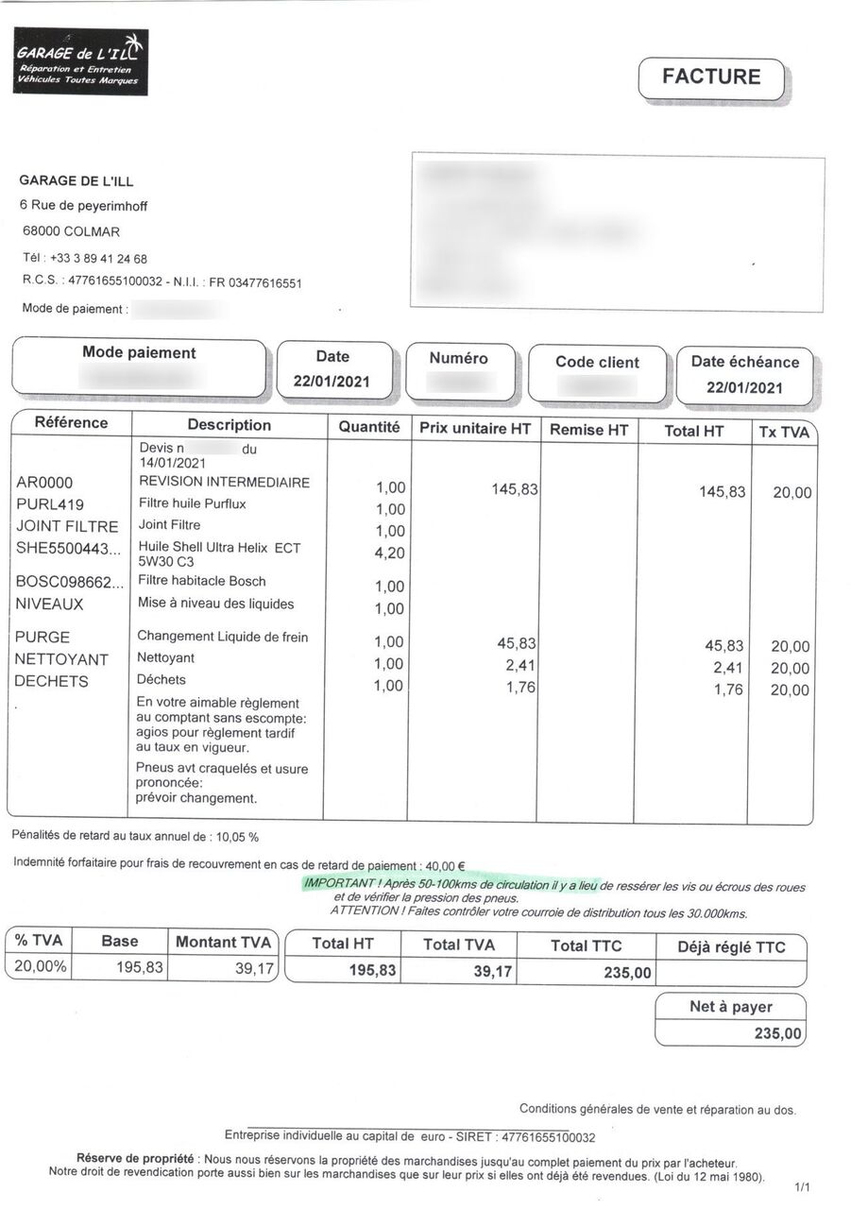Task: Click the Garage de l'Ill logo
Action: [x=80, y=61]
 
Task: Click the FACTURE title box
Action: [x=711, y=77]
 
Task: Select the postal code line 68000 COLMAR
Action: [x=72, y=231]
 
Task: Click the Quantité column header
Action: [x=368, y=427]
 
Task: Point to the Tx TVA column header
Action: [x=784, y=432]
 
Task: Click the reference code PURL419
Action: [x=50, y=504]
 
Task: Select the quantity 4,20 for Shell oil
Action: [x=390, y=553]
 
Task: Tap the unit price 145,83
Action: [x=515, y=489]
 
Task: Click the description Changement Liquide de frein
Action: [x=223, y=637]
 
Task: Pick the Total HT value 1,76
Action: [x=730, y=690]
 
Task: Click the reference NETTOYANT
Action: [x=61, y=659]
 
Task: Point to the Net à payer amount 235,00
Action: [x=778, y=1033]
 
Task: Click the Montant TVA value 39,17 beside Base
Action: [x=254, y=967]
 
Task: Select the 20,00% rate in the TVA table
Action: [x=38, y=966]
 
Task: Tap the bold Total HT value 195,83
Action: [x=373, y=971]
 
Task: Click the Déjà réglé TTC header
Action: [x=731, y=946]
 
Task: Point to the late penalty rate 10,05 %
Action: [x=238, y=836]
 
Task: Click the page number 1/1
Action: [x=803, y=1186]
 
